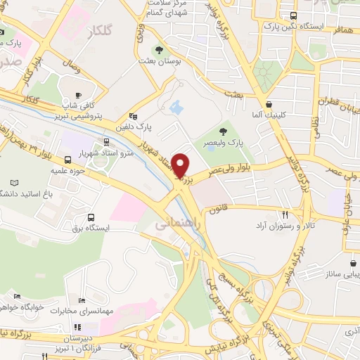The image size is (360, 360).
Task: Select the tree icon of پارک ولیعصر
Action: tap(224, 131)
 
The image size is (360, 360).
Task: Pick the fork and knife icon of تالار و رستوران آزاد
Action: tap(285, 214)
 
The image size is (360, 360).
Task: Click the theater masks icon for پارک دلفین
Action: tap(132, 117)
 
